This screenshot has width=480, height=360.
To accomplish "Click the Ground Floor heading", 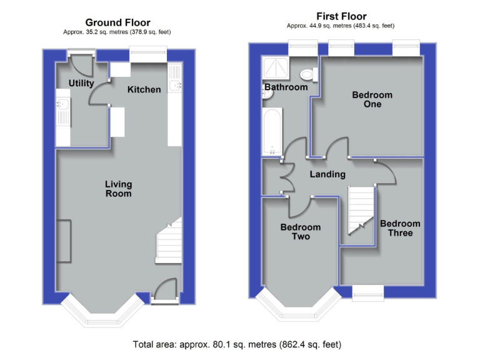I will [117, 22].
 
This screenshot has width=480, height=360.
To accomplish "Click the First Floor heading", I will [342, 16].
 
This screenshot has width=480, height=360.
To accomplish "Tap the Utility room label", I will [81, 83].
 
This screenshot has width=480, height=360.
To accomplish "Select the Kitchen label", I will [144, 89].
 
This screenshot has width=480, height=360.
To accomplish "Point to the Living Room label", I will [118, 189].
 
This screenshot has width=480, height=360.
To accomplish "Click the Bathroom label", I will [286, 87].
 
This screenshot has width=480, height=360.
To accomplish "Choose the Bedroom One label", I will [372, 99].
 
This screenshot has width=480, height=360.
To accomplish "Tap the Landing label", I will [327, 174].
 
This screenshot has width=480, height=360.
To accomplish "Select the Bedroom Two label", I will [300, 232].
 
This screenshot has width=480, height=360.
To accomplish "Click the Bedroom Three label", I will [400, 228].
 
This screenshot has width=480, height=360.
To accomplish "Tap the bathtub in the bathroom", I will [273, 131].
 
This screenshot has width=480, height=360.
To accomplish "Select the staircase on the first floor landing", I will [359, 209].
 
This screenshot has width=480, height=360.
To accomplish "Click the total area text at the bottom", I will [237, 344].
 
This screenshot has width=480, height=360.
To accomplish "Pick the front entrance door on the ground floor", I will [163, 291].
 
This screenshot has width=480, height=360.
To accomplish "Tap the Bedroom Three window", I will [367, 291].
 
